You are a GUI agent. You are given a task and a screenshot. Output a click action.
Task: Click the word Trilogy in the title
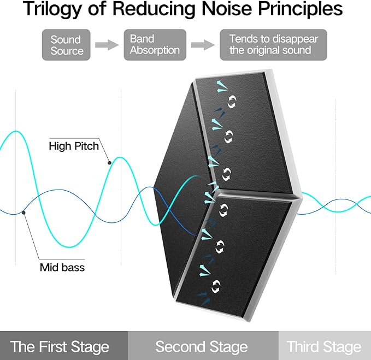pos(51,9)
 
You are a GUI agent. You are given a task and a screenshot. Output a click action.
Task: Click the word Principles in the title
pos(300,9)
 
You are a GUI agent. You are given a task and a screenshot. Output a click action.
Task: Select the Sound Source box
pos(66,45)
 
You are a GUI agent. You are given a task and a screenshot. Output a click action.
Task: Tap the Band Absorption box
pos(155,45)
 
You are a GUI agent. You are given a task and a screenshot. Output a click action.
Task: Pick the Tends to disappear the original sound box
pos(274,45)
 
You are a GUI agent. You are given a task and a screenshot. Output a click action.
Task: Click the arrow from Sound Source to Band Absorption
pos(107,45)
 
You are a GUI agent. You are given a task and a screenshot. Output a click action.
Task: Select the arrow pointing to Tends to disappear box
pos(203,45)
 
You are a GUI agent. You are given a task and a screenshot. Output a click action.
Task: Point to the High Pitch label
pos(74,146)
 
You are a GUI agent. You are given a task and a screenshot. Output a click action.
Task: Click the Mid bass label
pos(62,268)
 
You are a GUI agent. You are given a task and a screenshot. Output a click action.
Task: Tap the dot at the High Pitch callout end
pos(109,163)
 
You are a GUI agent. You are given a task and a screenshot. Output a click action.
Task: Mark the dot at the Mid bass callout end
pos(23,213)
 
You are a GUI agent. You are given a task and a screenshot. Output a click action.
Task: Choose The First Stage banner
pos(64,346)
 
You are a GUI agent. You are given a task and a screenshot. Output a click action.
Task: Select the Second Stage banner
pos(203,346)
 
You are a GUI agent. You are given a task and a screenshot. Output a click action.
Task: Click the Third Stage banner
pos(325,346)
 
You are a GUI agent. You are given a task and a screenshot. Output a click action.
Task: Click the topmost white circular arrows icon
pos(232,102)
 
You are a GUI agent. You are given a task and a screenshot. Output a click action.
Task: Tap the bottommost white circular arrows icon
pos(215,286)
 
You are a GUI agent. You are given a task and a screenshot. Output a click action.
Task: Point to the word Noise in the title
pos(227,8)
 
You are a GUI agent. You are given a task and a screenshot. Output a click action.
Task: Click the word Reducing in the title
pos(154,9)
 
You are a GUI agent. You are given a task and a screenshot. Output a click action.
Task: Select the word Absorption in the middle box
pos(155,50)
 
